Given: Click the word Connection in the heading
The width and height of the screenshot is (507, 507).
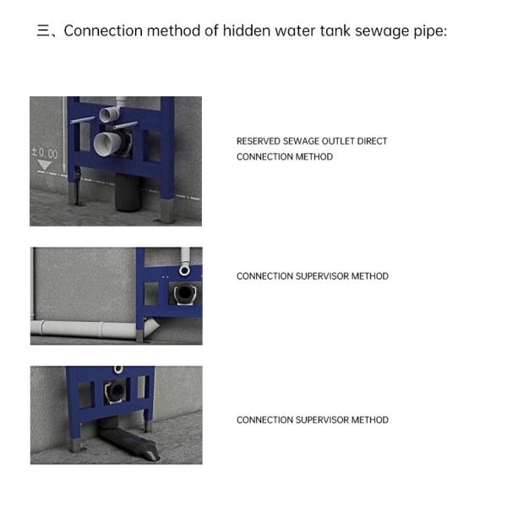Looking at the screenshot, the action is point(103,30).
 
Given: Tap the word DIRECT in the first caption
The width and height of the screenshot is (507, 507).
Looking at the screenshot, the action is point(372,141).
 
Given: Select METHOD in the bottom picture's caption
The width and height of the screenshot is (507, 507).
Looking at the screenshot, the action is point(370,420).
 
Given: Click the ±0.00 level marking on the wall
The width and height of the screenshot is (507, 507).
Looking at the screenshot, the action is point(45,153).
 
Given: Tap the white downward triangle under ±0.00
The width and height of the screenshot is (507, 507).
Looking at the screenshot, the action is point(44,165).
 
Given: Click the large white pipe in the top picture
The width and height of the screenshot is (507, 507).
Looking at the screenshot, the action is point(106,144).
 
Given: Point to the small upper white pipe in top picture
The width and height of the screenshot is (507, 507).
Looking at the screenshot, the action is point(110,115).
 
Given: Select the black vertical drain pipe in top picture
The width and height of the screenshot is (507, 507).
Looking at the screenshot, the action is point(127,192).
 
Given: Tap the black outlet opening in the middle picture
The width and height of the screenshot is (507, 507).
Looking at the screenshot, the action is point(184,292).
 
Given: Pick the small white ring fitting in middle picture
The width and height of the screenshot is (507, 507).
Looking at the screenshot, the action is point(184,270).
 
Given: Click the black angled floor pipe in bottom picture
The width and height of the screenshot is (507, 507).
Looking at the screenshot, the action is point(129,442).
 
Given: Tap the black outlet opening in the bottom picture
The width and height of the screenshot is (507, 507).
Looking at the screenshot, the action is point(114,391).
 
